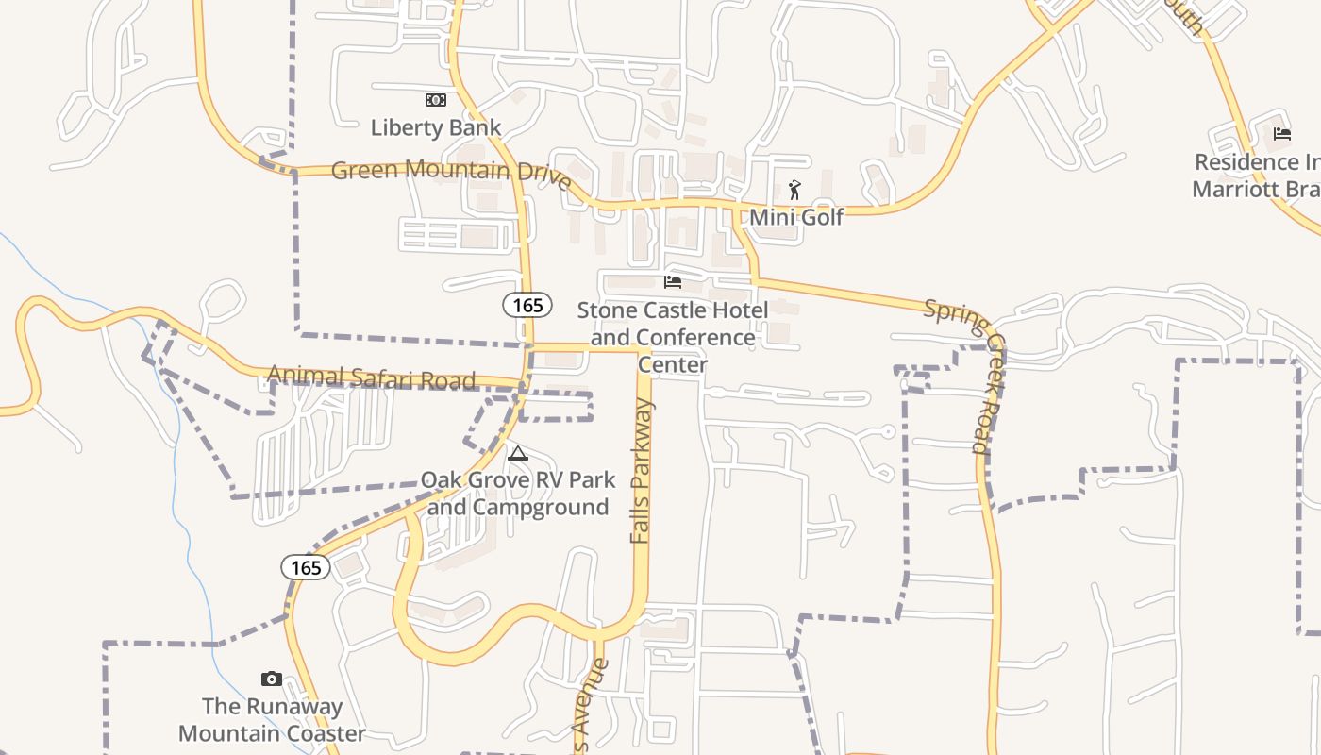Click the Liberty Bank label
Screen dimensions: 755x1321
coord(435,127)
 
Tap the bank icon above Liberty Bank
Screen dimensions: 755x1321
coord(435,99)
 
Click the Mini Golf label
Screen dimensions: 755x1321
coord(796,217)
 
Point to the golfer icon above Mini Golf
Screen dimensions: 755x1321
coord(794,189)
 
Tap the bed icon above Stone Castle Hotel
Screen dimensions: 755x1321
coord(673,281)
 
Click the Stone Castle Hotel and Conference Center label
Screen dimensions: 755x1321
coord(673,337)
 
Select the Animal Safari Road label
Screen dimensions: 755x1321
coord(371,377)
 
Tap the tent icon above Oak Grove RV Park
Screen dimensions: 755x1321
coord(517,454)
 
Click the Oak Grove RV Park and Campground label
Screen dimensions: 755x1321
coord(517,494)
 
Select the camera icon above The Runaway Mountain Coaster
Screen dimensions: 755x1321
coord(272,679)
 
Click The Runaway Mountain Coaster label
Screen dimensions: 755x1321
coord(272,719)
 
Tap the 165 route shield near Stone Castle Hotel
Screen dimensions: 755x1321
coord(527,305)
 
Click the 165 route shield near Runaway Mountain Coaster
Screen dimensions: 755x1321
coord(306,567)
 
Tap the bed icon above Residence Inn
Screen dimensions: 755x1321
coord(1281,134)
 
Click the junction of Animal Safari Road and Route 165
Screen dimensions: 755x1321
coord(526,383)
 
